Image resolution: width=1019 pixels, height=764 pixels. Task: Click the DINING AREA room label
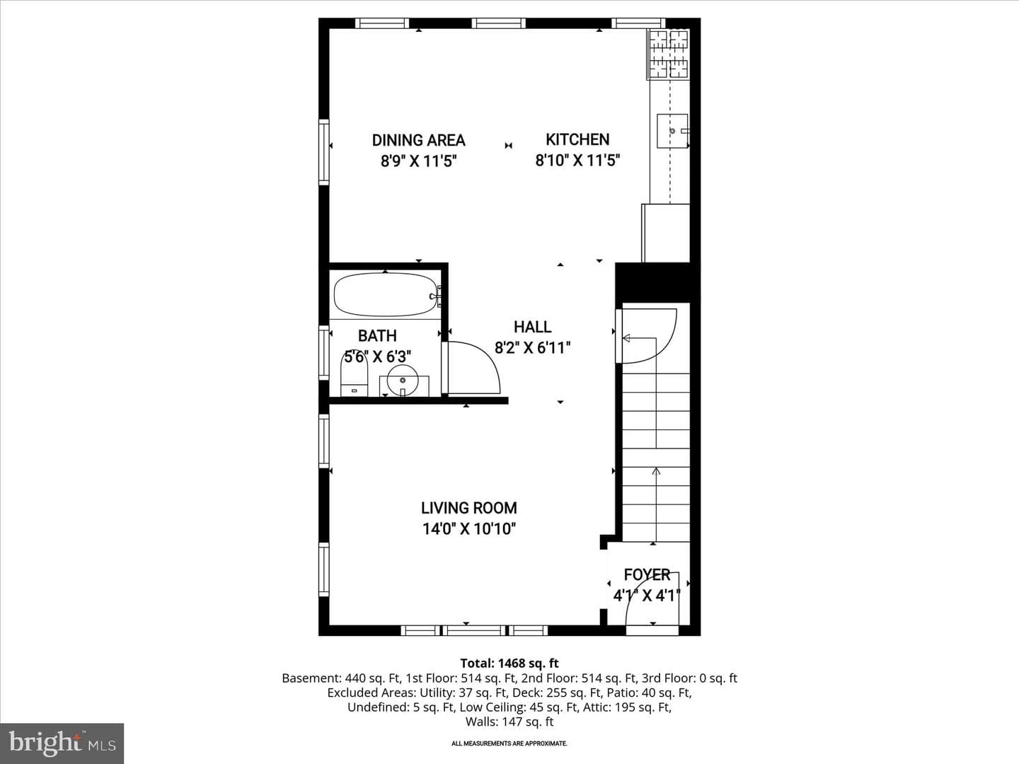point(418,140)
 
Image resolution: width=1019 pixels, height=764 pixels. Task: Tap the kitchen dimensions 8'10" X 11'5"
point(577,161)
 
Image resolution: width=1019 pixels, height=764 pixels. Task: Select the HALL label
point(532,327)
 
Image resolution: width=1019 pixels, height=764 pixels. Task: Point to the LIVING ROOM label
point(469,508)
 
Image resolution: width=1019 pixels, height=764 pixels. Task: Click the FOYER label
point(647,574)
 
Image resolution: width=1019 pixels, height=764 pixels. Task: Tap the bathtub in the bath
point(386,295)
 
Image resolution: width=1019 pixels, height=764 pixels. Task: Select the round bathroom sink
point(403,381)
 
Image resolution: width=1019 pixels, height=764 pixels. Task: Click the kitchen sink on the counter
point(672,131)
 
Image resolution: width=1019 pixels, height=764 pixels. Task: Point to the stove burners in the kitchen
point(668,54)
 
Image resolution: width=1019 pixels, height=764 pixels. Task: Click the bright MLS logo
point(62,743)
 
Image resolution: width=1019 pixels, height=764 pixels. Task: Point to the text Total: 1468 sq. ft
point(509,664)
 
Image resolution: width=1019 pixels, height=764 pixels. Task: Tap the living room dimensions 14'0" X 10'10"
point(469,529)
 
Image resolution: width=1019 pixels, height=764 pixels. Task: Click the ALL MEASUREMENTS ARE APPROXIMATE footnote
point(509,743)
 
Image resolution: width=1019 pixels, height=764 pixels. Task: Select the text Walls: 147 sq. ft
point(509,722)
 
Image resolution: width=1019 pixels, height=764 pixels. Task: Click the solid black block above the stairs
point(657,283)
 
